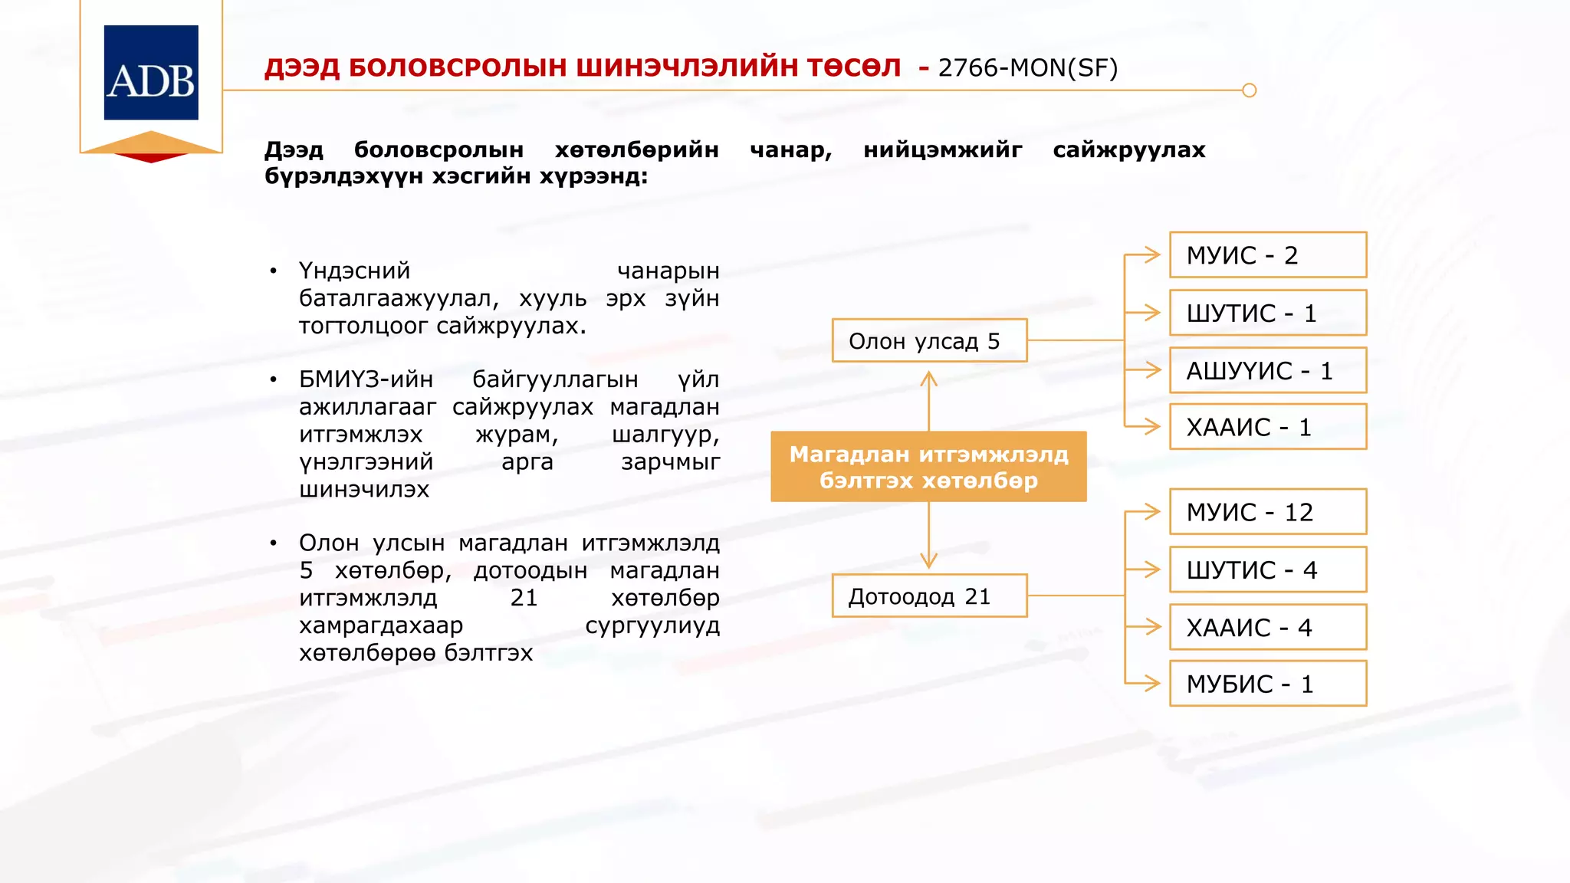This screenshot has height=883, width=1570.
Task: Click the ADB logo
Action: (x=151, y=73)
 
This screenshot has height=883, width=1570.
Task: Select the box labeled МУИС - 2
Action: (x=1268, y=255)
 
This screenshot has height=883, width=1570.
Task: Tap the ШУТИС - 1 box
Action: (x=1268, y=313)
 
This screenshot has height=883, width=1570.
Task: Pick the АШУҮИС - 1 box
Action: (x=1268, y=370)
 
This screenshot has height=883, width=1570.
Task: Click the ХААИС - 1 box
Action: (x=1268, y=427)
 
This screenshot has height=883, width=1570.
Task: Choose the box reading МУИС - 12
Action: (x=1268, y=512)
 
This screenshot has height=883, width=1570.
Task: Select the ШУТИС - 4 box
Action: (x=1268, y=570)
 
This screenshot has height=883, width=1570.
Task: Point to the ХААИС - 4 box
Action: (x=1268, y=627)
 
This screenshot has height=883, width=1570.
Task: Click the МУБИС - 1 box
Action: (x=1268, y=684)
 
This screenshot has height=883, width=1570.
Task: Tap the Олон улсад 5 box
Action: (x=929, y=340)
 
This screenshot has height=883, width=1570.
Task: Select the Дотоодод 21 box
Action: (x=929, y=596)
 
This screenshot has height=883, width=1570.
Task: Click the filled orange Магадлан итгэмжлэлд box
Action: (x=928, y=467)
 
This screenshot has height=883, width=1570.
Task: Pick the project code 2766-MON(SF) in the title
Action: (x=1027, y=68)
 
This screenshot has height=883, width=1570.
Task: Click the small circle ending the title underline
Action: (x=1249, y=90)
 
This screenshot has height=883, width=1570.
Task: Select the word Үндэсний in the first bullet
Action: (x=354, y=271)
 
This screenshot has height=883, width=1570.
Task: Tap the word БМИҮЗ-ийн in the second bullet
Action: (x=366, y=379)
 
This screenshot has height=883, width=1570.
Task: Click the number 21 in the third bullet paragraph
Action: (x=524, y=598)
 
